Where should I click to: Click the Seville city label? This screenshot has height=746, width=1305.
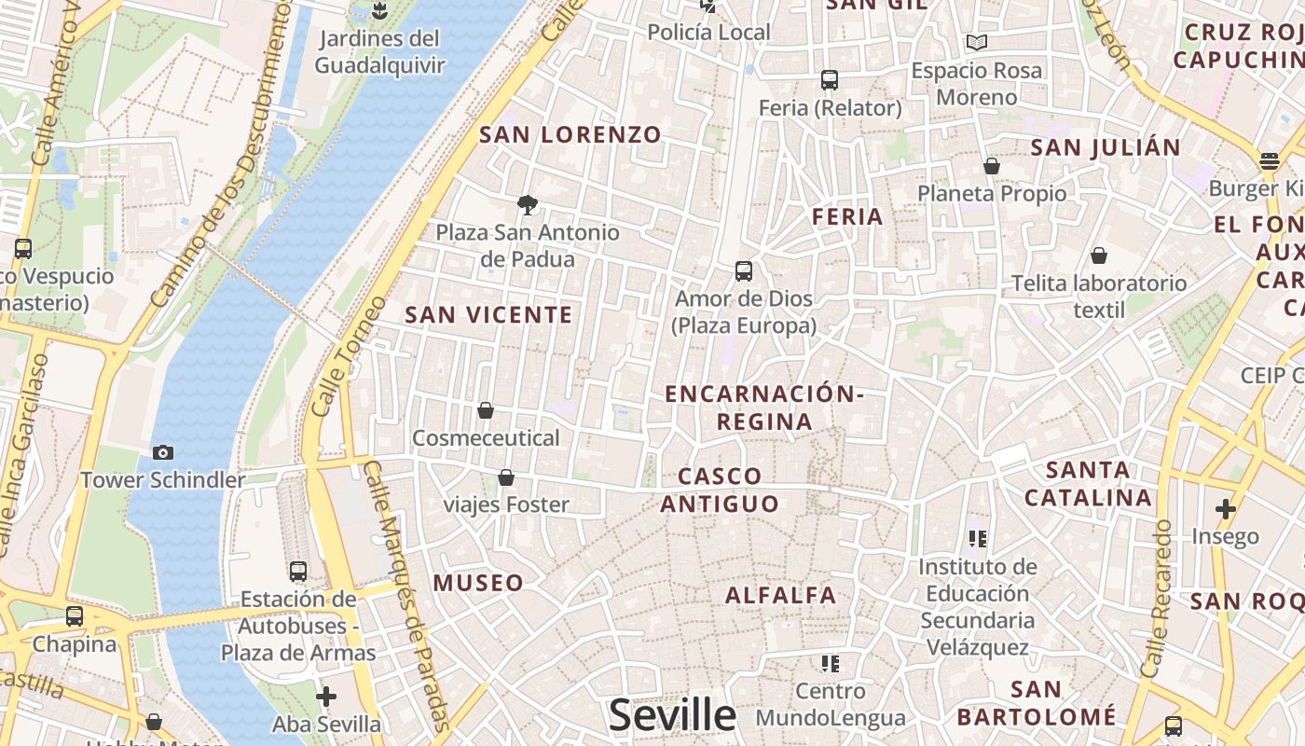click(672, 715)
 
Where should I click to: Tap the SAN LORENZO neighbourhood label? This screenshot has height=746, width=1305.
click(570, 134)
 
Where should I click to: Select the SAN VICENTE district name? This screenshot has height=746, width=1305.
click(488, 315)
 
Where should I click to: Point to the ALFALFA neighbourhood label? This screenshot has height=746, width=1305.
click(781, 595)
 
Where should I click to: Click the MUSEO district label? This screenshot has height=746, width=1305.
click(478, 584)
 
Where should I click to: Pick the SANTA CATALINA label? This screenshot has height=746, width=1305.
click(1088, 483)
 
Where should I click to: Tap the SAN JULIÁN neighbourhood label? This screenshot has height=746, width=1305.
click(1106, 147)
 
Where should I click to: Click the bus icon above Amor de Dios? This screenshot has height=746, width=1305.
click(744, 271)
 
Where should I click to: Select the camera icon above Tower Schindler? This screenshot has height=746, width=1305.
click(163, 453)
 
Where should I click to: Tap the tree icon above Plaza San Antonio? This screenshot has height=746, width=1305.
click(528, 205)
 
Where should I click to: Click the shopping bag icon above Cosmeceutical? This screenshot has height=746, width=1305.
click(486, 410)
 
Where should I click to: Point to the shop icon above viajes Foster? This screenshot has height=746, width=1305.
click(506, 477)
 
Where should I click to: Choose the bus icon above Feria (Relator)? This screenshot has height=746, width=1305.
click(830, 80)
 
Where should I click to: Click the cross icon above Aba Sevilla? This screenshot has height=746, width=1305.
click(326, 697)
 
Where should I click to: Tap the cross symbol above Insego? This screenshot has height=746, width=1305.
click(1226, 509)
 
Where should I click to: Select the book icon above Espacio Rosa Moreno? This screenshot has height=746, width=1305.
click(977, 42)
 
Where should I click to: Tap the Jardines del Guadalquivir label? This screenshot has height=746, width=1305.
click(379, 52)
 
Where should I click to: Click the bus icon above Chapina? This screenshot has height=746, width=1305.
click(75, 616)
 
